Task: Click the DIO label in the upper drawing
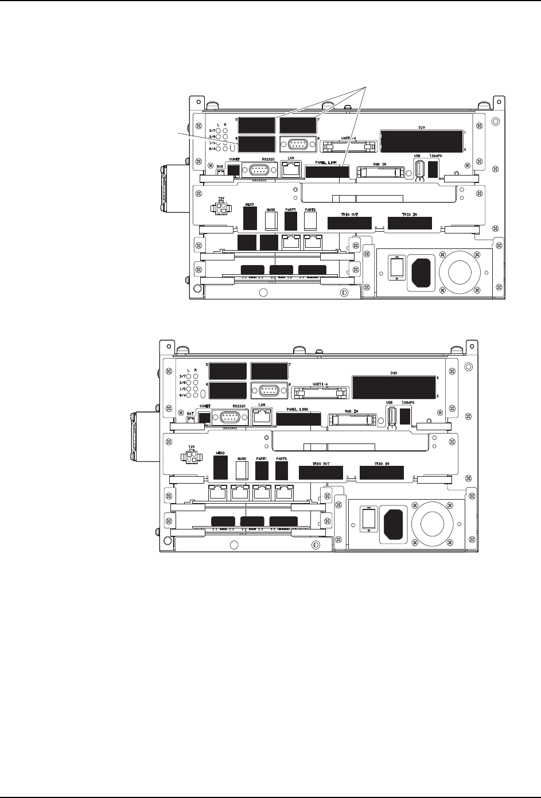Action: tap(422, 129)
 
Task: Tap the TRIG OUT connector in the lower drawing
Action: tap(321, 473)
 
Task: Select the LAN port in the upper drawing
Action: tap(290, 169)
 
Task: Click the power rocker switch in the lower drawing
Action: tap(368, 519)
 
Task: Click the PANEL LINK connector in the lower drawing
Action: tap(298, 419)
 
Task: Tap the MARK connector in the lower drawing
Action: tap(242, 471)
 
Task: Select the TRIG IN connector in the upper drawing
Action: tap(410, 223)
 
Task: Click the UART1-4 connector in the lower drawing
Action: tap(320, 392)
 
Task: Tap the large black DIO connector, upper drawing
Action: tap(422, 141)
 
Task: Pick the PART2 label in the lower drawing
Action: tap(281, 459)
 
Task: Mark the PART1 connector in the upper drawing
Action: tap(290, 220)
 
